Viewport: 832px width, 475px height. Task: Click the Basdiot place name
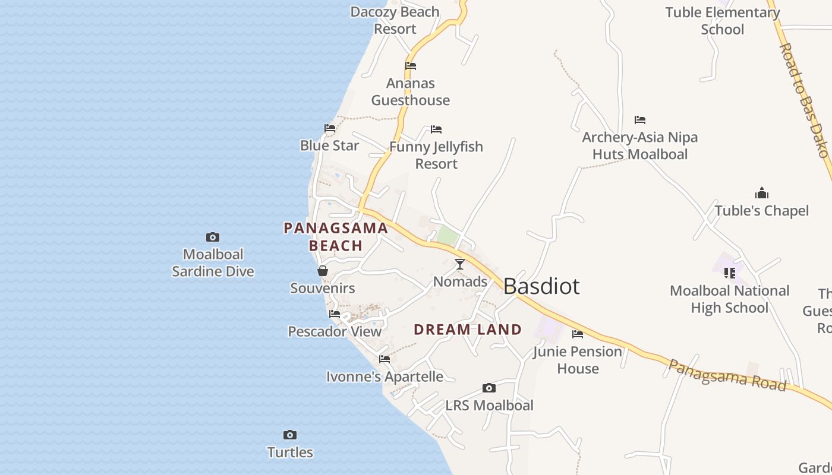tap(541, 286)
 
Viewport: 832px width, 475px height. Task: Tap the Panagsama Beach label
tap(336, 236)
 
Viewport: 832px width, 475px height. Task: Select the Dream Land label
tap(468, 330)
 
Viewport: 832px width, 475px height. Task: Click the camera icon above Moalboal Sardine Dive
tap(213, 237)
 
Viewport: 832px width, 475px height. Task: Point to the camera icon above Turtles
tap(290, 435)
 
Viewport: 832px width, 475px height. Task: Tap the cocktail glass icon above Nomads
tap(460, 264)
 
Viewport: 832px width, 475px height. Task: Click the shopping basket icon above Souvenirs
tap(323, 271)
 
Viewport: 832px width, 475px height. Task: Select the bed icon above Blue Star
tap(330, 128)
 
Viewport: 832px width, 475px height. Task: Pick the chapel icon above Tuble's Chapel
tap(762, 194)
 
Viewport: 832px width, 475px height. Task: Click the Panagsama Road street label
tap(727, 375)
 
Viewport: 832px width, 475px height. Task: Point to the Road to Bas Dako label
tap(804, 100)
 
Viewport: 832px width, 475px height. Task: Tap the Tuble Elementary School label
tap(723, 21)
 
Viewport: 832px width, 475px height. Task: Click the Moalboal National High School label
tap(730, 299)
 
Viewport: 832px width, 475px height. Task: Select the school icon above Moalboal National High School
tap(730, 273)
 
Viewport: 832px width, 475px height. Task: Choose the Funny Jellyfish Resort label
tap(436, 155)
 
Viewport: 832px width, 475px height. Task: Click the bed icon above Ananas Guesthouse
tap(411, 66)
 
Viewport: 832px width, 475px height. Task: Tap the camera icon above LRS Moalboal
tap(489, 388)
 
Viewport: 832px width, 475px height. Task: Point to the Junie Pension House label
tap(578, 360)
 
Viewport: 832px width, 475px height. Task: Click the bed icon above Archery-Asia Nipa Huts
tap(640, 120)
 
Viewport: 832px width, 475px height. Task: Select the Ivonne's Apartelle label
tap(385, 377)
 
